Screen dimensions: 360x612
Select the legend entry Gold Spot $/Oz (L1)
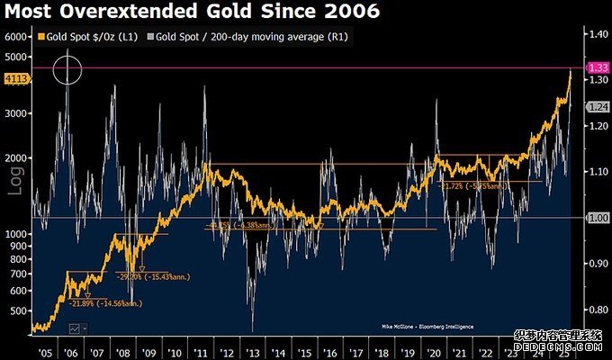click(86, 38)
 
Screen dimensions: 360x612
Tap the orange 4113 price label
click(16, 79)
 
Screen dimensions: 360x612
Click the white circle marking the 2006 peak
click(67, 69)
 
